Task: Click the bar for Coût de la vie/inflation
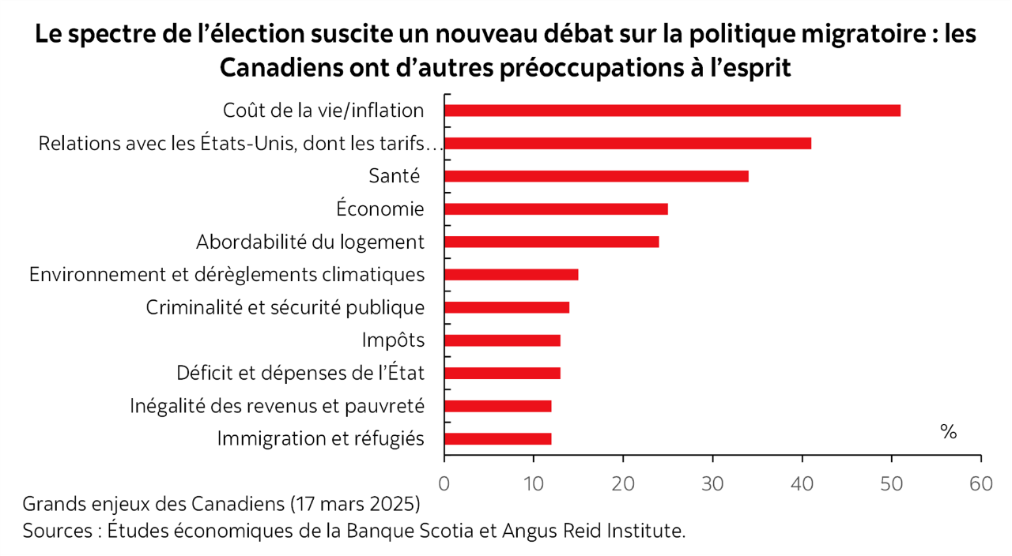point(672,111)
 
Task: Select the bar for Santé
point(596,176)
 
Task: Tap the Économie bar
point(556,209)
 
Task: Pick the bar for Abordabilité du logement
point(551,242)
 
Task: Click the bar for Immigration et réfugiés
point(497,439)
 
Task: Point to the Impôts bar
point(502,340)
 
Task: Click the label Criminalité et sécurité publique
point(285,308)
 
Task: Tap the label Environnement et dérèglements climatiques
point(227,275)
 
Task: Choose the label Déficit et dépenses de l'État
point(300,373)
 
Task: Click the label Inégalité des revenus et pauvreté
point(278,406)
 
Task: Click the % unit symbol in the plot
point(949,432)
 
